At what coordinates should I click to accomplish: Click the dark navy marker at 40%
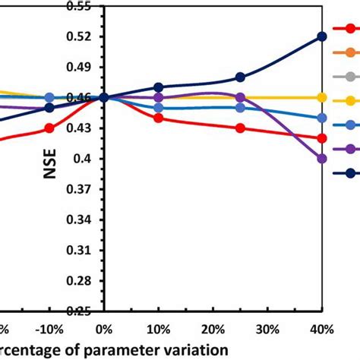[322, 36]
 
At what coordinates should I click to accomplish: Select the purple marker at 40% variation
[322, 158]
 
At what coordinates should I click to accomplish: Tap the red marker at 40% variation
[322, 137]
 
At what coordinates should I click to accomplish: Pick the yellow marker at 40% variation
[322, 97]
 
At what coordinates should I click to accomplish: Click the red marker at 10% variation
[158, 118]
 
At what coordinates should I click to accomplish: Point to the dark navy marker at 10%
[158, 87]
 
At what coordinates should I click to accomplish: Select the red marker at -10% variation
[49, 128]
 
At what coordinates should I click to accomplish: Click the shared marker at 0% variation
[103, 97]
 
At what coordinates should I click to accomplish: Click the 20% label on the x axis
[213, 329]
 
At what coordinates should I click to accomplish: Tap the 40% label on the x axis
[322, 329]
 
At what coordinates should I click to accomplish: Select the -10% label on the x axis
[47, 329]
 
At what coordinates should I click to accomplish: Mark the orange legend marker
[351, 52]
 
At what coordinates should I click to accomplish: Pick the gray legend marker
[351, 76]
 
